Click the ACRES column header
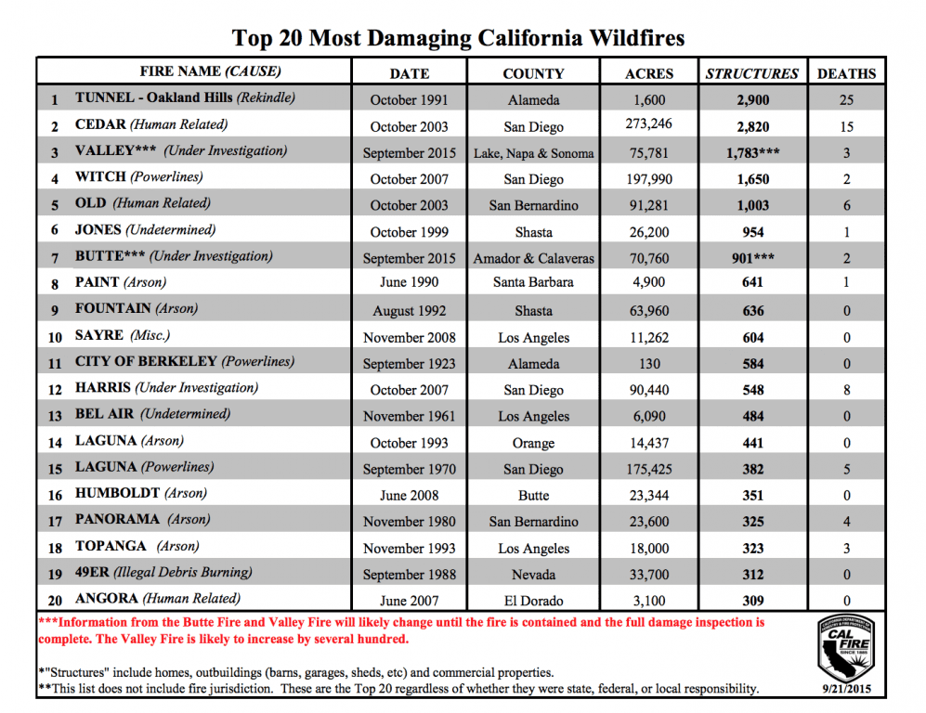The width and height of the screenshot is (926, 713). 649,73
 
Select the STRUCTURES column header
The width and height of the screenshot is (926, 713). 751,73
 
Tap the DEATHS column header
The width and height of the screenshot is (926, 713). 846,73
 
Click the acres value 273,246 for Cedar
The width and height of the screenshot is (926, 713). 649,123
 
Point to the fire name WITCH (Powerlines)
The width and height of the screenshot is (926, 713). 138,176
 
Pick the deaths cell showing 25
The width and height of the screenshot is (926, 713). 846,99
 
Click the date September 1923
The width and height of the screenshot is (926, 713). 409,364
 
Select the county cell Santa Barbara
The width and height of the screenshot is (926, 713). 533,282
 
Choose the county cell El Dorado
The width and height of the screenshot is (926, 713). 533,601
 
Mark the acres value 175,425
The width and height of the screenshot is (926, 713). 649,469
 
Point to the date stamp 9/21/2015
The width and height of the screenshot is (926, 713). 845,689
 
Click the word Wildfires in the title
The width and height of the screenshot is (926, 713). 632,38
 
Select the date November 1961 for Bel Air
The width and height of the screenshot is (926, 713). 409,417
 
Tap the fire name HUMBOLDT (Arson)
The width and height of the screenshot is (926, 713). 140,493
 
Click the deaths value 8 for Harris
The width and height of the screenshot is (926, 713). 846,391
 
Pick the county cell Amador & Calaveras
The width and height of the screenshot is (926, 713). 533,258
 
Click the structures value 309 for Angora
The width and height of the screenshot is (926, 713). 751,601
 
